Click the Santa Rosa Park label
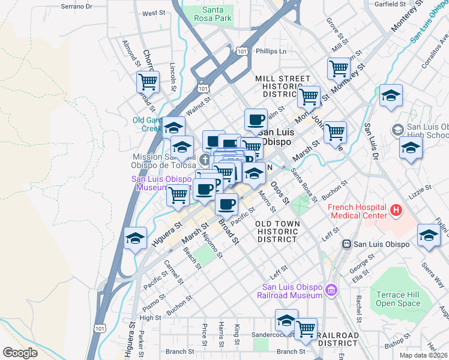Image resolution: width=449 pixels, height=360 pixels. (x=217, y=14)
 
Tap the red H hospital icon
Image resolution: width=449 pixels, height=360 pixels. (x=396, y=210)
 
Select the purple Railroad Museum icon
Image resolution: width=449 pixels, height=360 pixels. (x=330, y=291)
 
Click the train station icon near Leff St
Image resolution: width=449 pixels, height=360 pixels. (x=346, y=244)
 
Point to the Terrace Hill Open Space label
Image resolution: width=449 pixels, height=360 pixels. (x=397, y=299)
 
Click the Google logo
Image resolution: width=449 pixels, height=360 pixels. (x=20, y=353)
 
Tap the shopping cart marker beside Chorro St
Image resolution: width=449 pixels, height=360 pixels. (x=148, y=80)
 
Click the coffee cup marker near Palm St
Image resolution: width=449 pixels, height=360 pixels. (x=256, y=118)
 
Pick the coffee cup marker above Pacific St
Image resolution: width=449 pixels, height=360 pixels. (x=226, y=204)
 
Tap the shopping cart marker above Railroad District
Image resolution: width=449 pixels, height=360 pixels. (x=306, y=328)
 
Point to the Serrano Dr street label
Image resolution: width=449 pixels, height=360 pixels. (x=77, y=7)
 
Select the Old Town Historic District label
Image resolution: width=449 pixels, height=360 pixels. (x=277, y=231)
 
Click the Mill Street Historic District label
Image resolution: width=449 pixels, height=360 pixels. (x=282, y=86)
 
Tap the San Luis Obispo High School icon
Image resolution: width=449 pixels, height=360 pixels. (x=397, y=130)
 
